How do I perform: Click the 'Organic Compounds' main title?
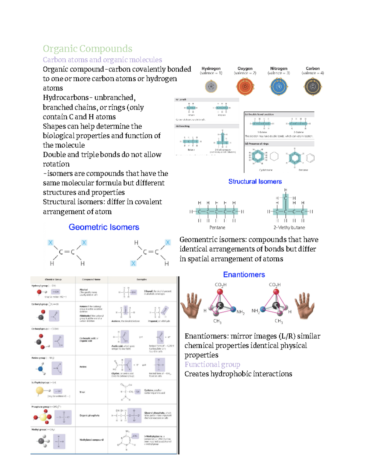87,49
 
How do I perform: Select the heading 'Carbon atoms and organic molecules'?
102,60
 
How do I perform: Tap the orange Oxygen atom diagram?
245,87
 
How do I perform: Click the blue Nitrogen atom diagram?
279,87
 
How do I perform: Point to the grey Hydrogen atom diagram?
211,87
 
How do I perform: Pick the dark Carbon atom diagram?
312,87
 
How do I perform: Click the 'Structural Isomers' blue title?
255,181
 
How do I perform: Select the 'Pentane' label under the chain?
217,227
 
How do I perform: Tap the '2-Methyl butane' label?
289,227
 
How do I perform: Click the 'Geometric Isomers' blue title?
104,227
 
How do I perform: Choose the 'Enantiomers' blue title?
244,274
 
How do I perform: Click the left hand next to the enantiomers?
191,305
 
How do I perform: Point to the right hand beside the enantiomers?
304,305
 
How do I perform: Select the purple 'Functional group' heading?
212,364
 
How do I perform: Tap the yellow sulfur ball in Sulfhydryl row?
40,391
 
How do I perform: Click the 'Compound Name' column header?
91,279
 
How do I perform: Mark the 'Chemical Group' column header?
53,279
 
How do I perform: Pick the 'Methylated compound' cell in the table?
91,440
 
